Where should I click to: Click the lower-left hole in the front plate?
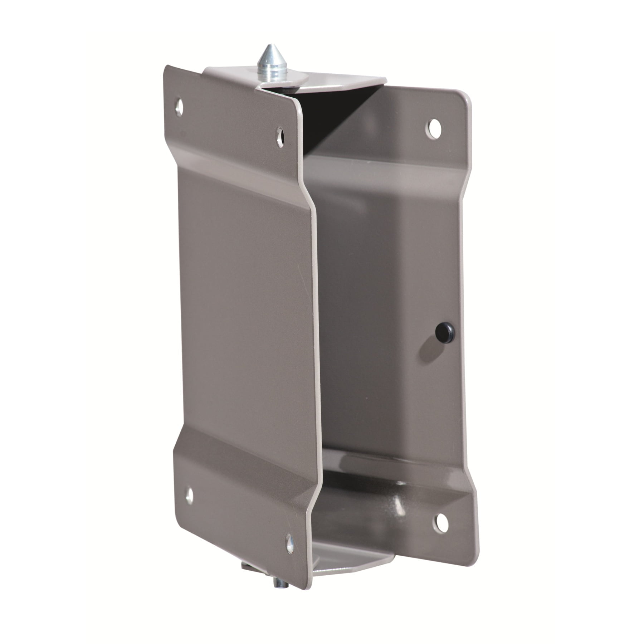[189, 496]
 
